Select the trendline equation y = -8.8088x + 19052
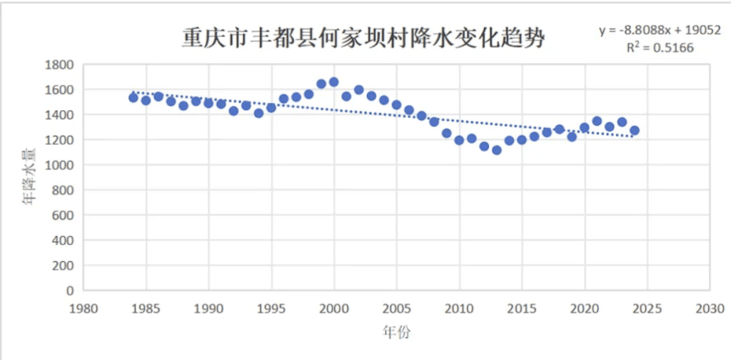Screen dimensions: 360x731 [x=660, y=31]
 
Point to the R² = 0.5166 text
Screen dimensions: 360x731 [x=660, y=48]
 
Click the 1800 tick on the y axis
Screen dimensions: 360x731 [x=60, y=64]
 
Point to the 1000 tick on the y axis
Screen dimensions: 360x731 [x=60, y=165]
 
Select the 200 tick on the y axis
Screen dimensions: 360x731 [x=64, y=266]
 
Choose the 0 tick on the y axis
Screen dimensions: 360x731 [x=70, y=291]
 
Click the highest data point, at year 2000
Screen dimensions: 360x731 [x=333, y=82]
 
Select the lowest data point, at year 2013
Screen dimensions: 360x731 [x=496, y=150]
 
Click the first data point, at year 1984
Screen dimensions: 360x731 [x=133, y=98]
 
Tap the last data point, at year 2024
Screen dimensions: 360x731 [x=634, y=131]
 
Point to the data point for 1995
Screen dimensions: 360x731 [x=271, y=108]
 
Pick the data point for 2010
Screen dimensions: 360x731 [x=459, y=141]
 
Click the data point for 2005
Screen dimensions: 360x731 [x=396, y=105]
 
